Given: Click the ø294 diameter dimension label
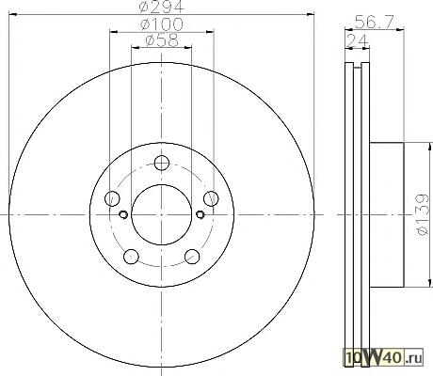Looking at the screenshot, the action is (162, 7).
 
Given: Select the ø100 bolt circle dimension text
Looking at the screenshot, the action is (162, 24).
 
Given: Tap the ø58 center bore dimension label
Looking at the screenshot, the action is (162, 40).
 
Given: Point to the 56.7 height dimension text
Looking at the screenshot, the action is (374, 22).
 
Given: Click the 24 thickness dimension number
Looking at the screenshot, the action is (358, 40).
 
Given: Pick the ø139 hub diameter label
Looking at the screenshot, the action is (423, 214).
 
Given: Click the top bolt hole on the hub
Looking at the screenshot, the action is (162, 163).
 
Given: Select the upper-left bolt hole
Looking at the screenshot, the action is (112, 198).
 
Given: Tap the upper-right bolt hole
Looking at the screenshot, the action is (211, 198).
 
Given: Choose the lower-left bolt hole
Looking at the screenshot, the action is (131, 257).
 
